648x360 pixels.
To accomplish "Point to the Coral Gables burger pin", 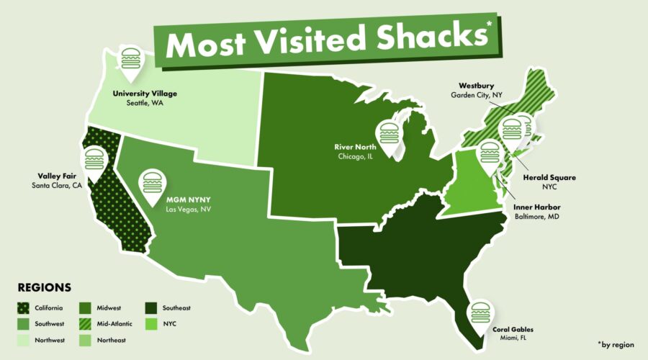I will click(479, 315).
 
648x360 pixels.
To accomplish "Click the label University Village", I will click(145, 94).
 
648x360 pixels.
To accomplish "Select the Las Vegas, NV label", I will click(189, 209).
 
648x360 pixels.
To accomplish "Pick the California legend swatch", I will click(22, 308).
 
